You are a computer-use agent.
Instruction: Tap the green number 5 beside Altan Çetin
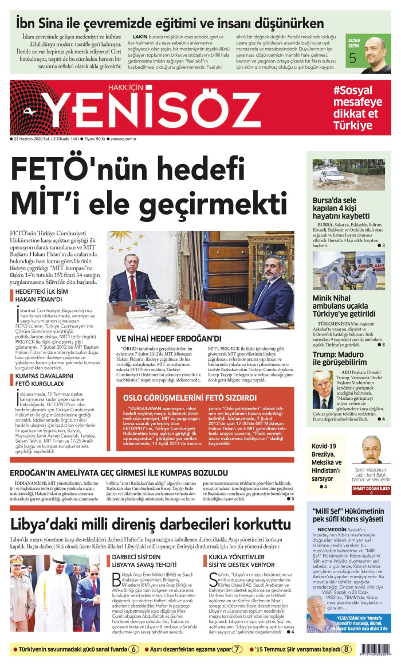click(x=352, y=58)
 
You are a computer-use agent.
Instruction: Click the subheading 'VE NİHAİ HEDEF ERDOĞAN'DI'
click(x=169, y=338)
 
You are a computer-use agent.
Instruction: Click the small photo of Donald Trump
click(x=323, y=390)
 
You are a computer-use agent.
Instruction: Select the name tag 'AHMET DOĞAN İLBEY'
click(x=371, y=489)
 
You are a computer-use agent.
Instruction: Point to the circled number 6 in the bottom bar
click(x=133, y=649)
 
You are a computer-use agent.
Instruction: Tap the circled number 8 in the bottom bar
click(x=346, y=649)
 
